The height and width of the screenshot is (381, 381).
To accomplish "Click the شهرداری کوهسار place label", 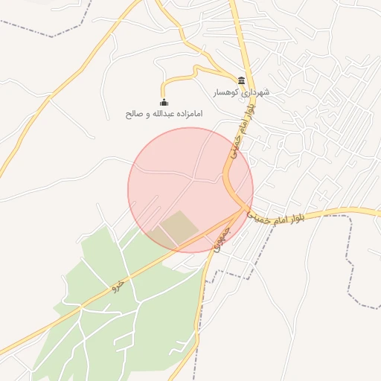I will pyautogui.click(x=241, y=92).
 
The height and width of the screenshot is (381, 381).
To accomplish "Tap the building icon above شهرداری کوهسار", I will pyautogui.click(x=241, y=80).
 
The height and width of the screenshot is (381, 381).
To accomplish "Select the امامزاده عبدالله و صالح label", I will pyautogui.click(x=164, y=115).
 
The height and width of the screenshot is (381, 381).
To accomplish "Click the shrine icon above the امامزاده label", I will pyautogui.click(x=164, y=103).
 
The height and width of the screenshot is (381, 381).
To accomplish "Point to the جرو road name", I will pyautogui.click(x=116, y=284).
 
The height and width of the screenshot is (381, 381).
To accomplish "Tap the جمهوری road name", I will pyautogui.click(x=221, y=239).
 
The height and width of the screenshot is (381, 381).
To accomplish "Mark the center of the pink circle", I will pyautogui.click(x=190, y=190).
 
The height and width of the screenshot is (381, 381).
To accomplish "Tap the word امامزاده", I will pyautogui.click(x=186, y=115).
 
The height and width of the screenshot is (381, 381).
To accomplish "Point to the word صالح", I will pyautogui.click(x=133, y=115).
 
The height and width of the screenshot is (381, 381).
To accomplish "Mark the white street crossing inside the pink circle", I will pyautogui.click(x=195, y=179).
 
